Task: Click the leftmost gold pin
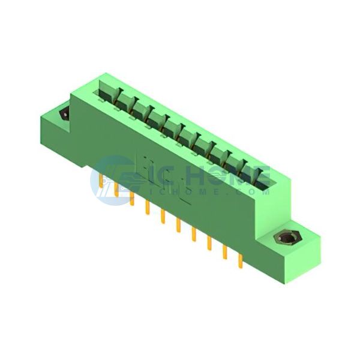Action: tap(101, 182)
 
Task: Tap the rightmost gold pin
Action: tap(241, 261)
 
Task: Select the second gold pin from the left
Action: tap(116, 190)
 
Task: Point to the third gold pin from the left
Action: tap(132, 199)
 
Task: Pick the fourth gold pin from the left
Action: tap(148, 208)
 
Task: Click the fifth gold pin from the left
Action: tap(163, 217)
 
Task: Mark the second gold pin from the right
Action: tap(225, 253)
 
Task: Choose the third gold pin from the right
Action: tap(209, 244)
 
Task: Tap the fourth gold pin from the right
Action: tap(194, 235)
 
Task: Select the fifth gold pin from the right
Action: tap(178, 226)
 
